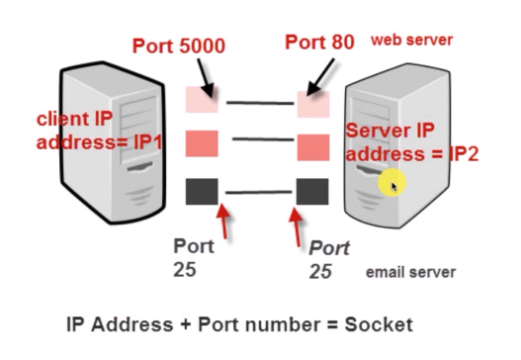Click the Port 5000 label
tap(179, 45)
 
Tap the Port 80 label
tap(319, 43)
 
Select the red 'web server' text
tap(411, 40)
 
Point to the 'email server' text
tap(410, 272)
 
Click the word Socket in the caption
tap(379, 324)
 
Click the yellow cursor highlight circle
tap(392, 183)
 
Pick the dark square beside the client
tap(202, 192)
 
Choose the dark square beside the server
tap(312, 192)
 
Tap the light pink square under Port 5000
tap(202, 99)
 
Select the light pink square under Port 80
tap(313, 104)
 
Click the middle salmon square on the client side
tap(202, 143)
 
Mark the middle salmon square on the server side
tap(313, 147)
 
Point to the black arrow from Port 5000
tap(206, 78)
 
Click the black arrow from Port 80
tap(320, 77)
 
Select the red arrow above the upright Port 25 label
tap(223, 221)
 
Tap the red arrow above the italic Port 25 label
tap(296, 227)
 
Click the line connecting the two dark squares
tap(259, 192)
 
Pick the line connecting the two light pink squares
tap(260, 103)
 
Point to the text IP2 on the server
tap(464, 154)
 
